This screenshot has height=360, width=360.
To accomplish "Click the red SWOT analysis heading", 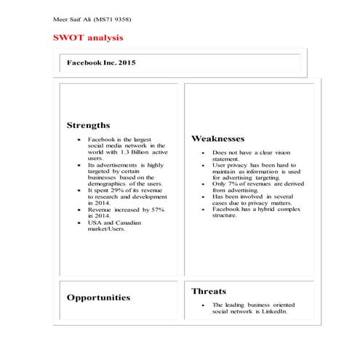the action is [x=87, y=36].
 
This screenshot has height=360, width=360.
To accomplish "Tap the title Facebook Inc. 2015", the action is [x=101, y=63].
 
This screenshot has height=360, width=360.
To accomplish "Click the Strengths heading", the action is [x=88, y=125].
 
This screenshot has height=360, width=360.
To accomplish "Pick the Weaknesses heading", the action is [x=217, y=138].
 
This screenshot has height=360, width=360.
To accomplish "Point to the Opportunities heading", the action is [x=98, y=297].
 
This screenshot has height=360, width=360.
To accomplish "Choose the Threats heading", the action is [x=209, y=291].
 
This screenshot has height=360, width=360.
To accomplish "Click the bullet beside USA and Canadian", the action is [x=78, y=223].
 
